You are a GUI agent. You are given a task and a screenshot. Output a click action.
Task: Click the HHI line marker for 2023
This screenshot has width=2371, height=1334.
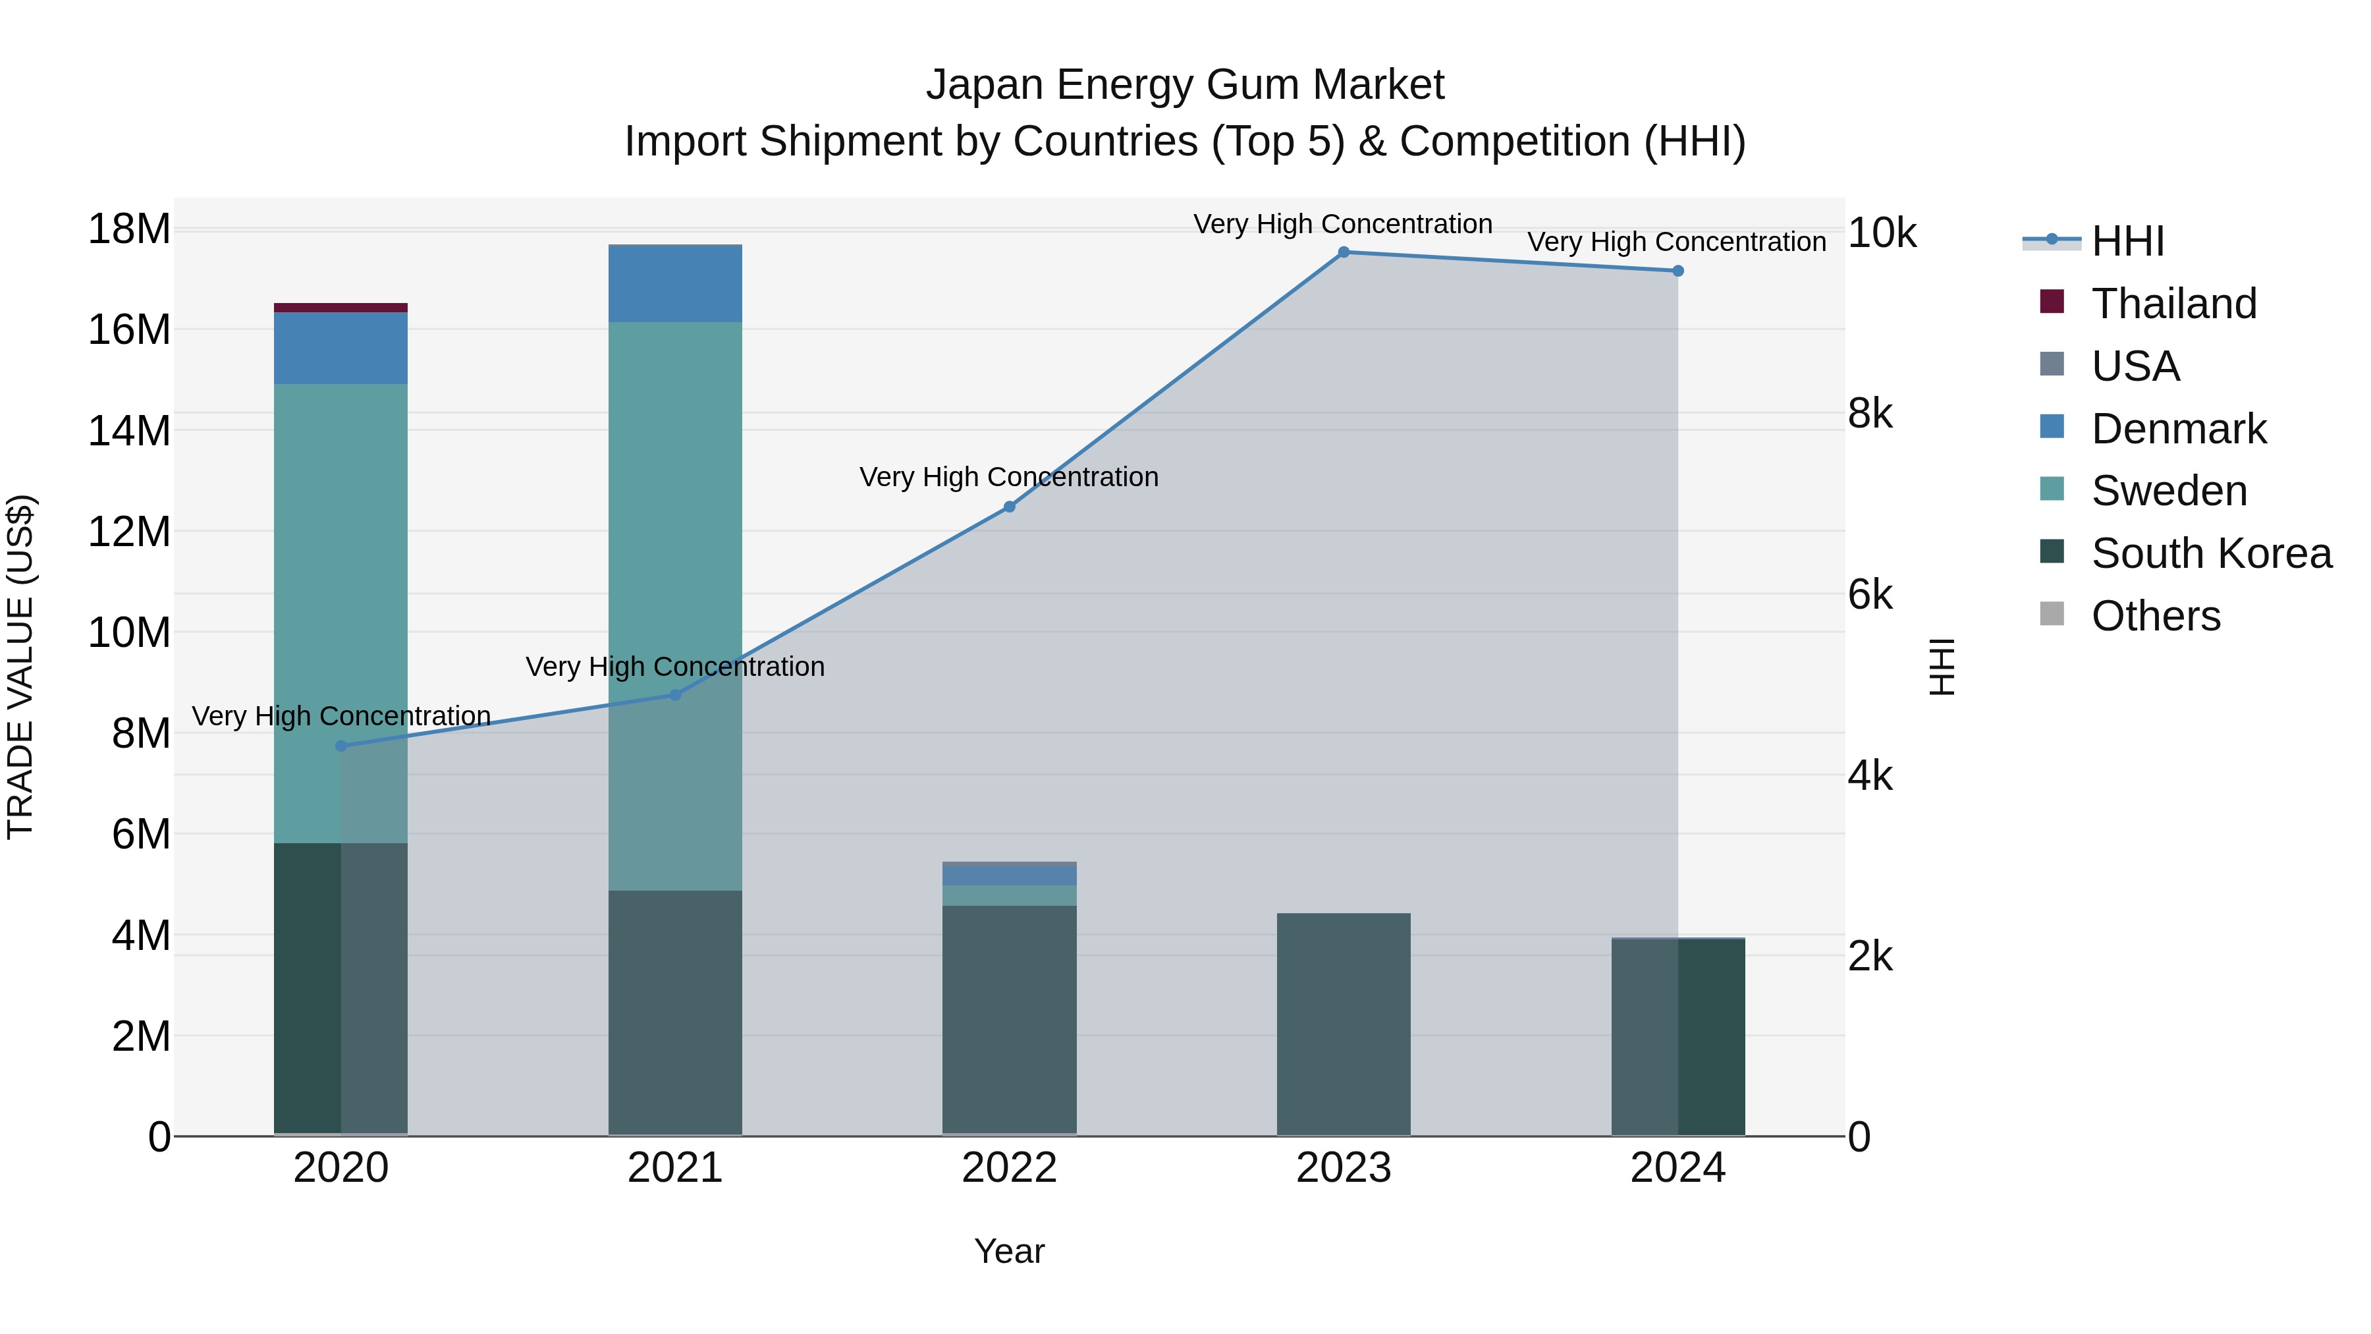pyautogui.click(x=1343, y=252)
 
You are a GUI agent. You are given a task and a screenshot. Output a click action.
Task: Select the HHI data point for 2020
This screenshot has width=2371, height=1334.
pyautogui.click(x=341, y=746)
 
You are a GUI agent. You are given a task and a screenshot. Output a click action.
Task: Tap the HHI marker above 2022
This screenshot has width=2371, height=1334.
pyautogui.click(x=1009, y=507)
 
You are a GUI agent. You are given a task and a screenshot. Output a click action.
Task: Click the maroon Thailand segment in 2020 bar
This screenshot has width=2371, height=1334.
pyautogui.click(x=341, y=308)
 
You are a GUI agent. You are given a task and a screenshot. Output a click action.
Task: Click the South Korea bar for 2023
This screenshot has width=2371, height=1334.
pyautogui.click(x=1343, y=1024)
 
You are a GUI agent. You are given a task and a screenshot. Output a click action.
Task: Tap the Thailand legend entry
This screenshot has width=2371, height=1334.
pyautogui.click(x=2173, y=304)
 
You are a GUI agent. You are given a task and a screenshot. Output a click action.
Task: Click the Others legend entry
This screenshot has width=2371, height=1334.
pyautogui.click(x=2155, y=616)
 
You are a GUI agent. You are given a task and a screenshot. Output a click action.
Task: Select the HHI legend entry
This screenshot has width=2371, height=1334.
pyautogui.click(x=2127, y=241)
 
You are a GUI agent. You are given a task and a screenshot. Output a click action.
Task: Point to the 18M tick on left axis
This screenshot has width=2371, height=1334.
pyautogui.click(x=129, y=229)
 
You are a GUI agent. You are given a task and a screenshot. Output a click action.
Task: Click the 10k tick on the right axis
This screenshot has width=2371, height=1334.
pyautogui.click(x=1882, y=233)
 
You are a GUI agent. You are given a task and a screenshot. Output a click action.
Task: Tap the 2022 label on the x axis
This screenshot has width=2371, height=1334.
pyautogui.click(x=1009, y=1168)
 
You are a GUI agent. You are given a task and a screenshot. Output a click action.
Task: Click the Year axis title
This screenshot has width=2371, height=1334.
pyautogui.click(x=1009, y=1251)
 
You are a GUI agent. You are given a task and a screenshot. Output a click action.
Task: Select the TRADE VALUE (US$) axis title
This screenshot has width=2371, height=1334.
pyautogui.click(x=20, y=667)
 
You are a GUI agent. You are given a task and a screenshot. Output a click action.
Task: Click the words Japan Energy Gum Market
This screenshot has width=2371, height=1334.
pyautogui.click(x=1185, y=85)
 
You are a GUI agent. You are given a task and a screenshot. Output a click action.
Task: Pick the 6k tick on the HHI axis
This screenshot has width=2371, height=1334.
pyautogui.click(x=1869, y=596)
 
